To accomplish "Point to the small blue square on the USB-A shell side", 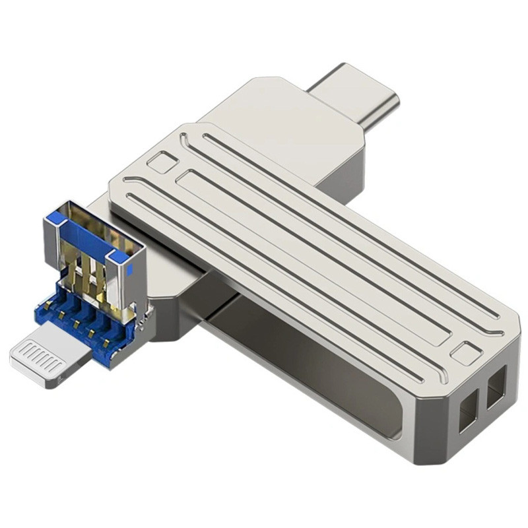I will pyautogui.click(x=129, y=269).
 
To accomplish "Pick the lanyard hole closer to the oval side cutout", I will pyautogui.click(x=467, y=409).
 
